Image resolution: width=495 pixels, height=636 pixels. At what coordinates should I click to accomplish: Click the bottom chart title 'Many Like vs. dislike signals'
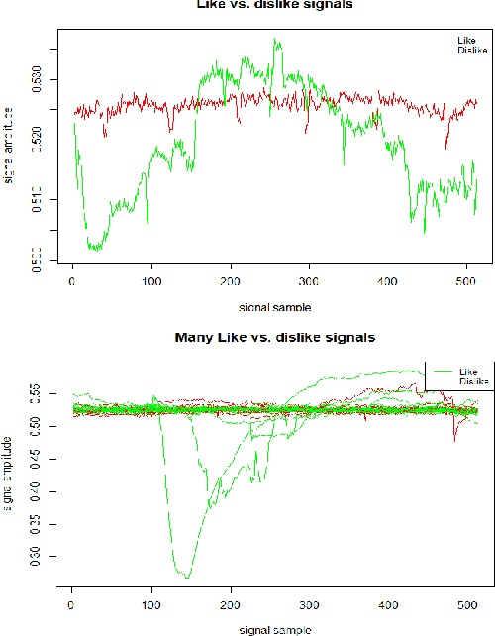click(x=275, y=338)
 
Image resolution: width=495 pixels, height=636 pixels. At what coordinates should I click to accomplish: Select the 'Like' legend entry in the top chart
click(x=465, y=40)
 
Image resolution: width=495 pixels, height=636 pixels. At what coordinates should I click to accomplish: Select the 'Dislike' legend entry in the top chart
click(x=472, y=50)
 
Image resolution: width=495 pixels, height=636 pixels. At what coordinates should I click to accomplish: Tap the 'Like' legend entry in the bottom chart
click(x=469, y=372)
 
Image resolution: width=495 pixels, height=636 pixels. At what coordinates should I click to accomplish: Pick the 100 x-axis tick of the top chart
click(x=151, y=282)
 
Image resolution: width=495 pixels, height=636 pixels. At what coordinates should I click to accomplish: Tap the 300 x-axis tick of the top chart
click(x=309, y=282)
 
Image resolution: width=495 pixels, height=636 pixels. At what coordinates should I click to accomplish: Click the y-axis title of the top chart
click(x=9, y=145)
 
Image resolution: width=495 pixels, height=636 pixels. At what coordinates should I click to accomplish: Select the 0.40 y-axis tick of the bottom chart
click(x=41, y=491)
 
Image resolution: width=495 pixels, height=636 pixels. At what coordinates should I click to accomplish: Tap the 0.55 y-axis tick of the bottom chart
click(x=41, y=394)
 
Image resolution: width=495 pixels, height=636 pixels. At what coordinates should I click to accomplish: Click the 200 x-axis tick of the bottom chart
click(x=230, y=603)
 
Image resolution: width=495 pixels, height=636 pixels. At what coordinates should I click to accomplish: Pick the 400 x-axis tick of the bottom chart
click(x=387, y=603)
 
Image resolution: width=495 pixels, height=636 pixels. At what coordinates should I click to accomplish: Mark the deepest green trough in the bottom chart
click(x=185, y=577)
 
